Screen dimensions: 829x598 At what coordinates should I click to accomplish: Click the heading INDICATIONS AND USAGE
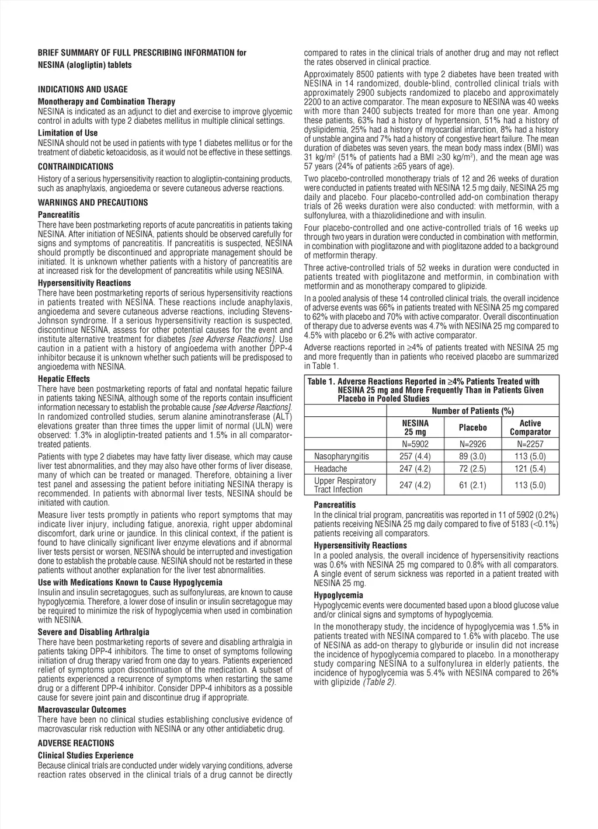point(82,89)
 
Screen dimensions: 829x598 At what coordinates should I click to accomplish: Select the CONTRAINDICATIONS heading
point(75,166)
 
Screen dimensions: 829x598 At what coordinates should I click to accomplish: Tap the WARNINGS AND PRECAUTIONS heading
point(93,203)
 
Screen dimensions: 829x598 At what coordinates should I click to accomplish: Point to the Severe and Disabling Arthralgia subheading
point(93,632)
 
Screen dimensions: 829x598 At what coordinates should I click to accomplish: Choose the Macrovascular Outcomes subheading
point(82,710)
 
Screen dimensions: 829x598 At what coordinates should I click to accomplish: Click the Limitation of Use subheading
point(68,133)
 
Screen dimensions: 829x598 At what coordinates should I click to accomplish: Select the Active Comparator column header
point(530,427)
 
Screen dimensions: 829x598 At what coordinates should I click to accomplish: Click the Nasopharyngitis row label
point(341,456)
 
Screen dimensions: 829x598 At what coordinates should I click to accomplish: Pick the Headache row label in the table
point(331,468)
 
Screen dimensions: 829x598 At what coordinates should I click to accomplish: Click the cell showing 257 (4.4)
point(415,456)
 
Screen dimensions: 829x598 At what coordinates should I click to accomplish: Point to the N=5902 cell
point(415,444)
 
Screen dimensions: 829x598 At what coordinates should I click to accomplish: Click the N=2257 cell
point(530,444)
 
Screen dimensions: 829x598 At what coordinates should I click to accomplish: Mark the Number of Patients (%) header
point(472,411)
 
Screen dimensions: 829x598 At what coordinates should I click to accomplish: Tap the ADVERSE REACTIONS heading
point(76,743)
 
